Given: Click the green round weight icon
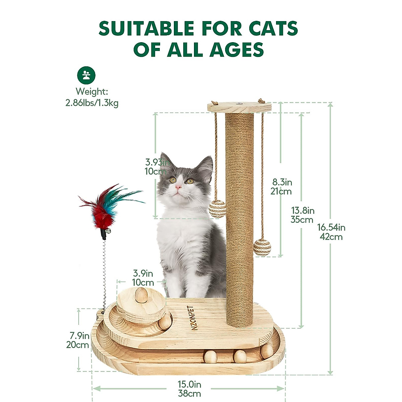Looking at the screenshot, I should click(86, 75).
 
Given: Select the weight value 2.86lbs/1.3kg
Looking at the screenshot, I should click(92, 103).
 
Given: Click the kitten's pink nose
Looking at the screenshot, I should click(178, 186).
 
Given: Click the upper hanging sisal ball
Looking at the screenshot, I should click(217, 209).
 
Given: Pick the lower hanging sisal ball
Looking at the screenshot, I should click(262, 248).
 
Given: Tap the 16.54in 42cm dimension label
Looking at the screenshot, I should click(331, 232).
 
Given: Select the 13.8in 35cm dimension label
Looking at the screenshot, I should click(302, 215).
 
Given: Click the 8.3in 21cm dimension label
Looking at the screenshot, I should click(282, 187).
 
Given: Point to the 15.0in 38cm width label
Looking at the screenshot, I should click(189, 389).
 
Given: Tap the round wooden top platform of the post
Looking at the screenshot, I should click(239, 107).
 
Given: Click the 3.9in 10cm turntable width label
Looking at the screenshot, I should click(143, 278).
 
